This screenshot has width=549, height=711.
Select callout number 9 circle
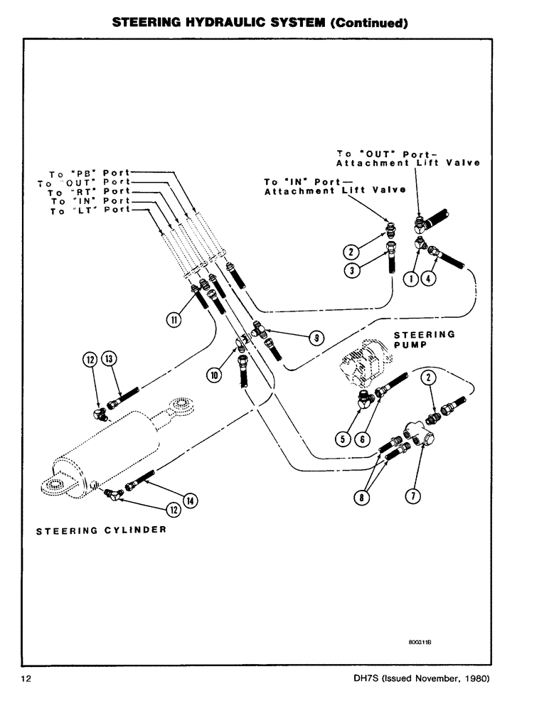coord(312,338)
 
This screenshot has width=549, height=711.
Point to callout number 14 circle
coord(190,501)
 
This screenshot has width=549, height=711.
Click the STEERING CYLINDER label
coord(101,530)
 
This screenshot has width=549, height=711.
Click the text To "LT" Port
coord(90,211)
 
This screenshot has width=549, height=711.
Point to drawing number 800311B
coord(421,641)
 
